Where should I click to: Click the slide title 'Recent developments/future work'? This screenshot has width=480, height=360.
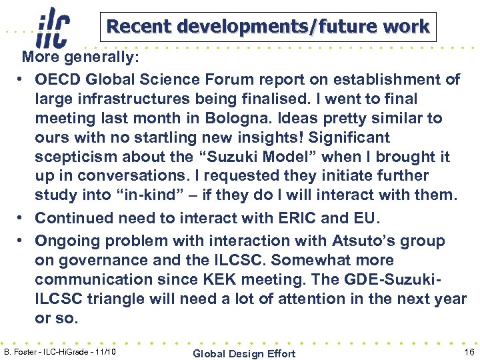[268, 27]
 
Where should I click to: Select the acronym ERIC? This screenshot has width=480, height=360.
[313, 217]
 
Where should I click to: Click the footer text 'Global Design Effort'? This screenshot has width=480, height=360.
[243, 353]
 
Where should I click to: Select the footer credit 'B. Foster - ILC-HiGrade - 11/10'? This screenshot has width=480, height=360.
[61, 351]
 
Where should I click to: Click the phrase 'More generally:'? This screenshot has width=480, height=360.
[81, 57]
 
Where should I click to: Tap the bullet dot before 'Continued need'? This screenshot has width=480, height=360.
[22, 218]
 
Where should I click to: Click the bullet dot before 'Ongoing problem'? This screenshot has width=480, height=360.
[22, 241]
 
